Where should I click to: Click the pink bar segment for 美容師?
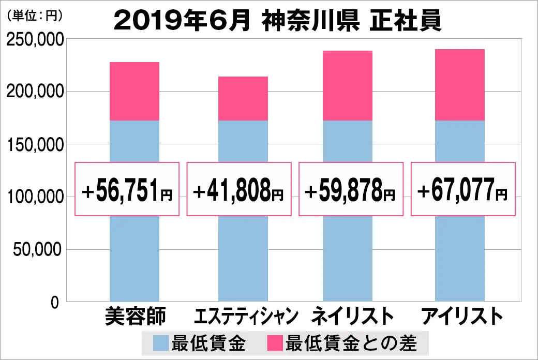click(x=134, y=92)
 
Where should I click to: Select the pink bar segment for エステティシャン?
click(x=243, y=99)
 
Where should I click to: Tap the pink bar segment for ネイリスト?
click(x=348, y=86)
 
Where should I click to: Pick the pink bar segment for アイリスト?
click(x=460, y=85)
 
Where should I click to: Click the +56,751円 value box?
click(x=127, y=189)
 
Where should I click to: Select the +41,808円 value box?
click(x=238, y=189)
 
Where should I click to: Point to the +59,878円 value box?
click(x=350, y=189)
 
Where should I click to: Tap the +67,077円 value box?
click(x=463, y=189)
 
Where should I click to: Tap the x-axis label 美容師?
click(x=135, y=316)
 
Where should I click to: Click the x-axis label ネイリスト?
click(x=349, y=316)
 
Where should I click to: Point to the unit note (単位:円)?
click(x=34, y=16)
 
